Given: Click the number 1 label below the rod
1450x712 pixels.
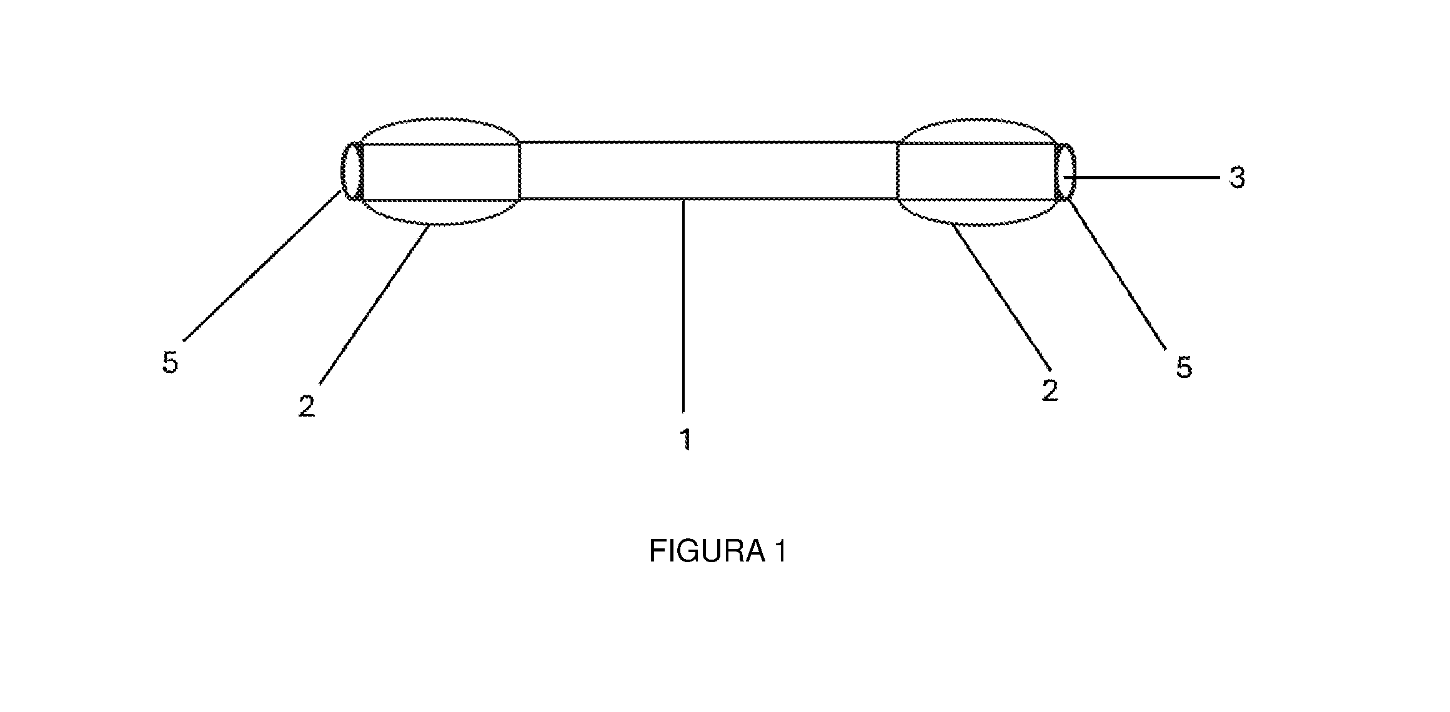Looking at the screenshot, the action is (x=686, y=439).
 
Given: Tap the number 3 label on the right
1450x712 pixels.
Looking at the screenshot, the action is (x=1237, y=178).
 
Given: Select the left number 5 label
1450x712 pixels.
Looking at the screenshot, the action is (x=171, y=362).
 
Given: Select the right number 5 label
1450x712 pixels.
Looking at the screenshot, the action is (x=1184, y=367).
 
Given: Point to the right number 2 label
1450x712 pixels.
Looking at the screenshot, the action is (x=1050, y=391).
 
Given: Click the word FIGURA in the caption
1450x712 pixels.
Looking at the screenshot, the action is (x=707, y=551).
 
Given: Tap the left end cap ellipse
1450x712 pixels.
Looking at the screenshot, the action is (x=342, y=172).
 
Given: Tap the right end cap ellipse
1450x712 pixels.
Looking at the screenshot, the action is (x=1075, y=172).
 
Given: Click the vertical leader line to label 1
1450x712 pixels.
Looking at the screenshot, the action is (x=683, y=306).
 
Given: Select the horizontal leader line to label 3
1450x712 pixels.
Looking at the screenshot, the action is (x=1142, y=178).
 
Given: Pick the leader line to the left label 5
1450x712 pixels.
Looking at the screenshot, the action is (x=262, y=266).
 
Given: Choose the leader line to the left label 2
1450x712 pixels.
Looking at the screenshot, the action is (x=374, y=305).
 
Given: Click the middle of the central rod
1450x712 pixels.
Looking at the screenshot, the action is (x=708, y=171).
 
